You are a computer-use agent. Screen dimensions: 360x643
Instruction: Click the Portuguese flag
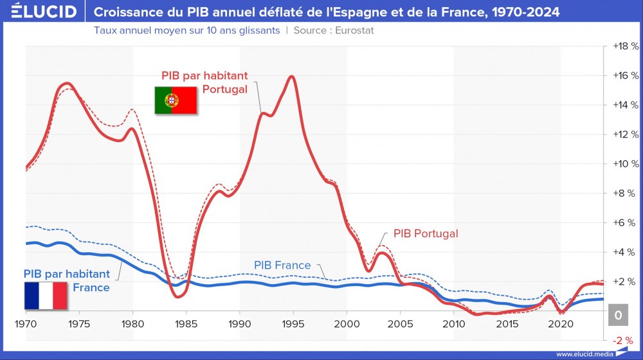tap(175, 101)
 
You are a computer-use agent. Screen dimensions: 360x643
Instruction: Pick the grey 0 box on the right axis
tap(617, 315)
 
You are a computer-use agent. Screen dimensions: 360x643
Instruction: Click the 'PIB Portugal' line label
tap(425, 233)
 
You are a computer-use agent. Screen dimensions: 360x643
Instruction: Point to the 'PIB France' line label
tap(282, 265)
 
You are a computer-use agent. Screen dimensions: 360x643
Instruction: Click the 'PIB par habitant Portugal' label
tap(204, 82)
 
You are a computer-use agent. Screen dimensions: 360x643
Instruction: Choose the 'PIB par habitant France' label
tap(67, 280)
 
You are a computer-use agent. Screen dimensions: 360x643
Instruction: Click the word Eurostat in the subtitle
tap(351, 30)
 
